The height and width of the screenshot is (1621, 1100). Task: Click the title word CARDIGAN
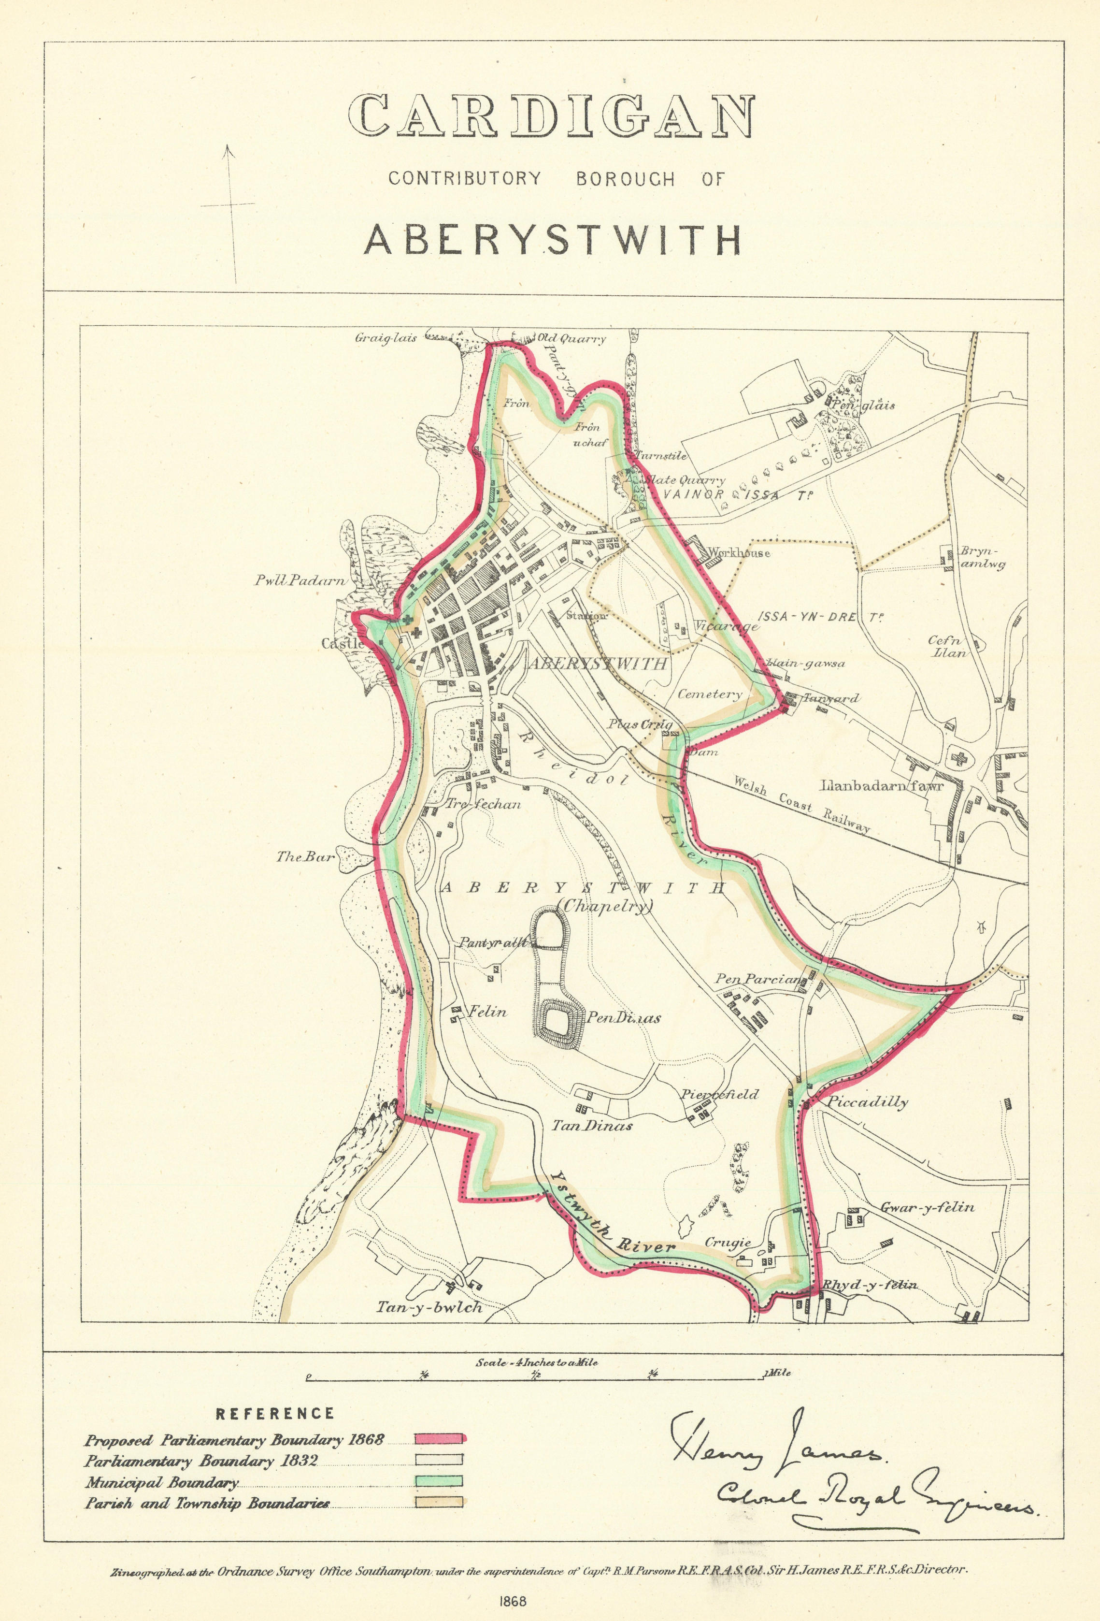point(551,116)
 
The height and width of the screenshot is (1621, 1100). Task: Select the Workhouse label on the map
point(739,553)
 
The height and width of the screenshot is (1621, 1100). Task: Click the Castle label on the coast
point(342,643)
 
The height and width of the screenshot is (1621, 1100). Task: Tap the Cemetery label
point(710,694)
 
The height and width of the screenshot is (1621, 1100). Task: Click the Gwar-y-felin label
point(927,1207)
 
